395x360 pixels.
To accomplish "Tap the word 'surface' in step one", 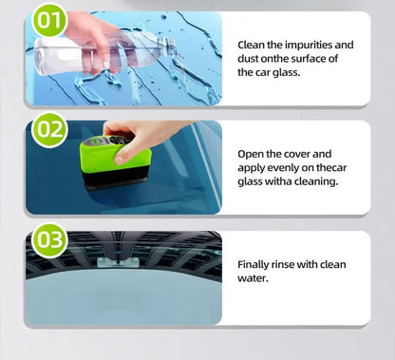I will pyautogui.click(x=319, y=58).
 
